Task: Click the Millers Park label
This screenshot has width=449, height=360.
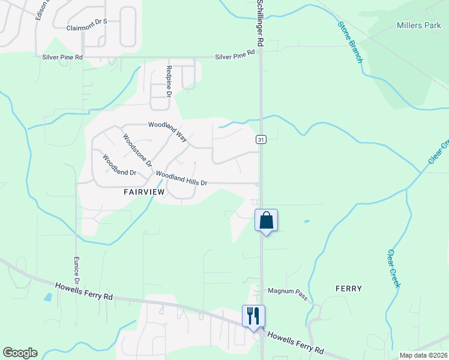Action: tap(419, 25)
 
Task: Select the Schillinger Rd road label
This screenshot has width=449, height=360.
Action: tap(260, 24)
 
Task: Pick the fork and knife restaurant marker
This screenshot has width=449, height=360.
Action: tap(253, 316)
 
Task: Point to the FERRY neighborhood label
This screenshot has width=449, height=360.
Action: tap(349, 289)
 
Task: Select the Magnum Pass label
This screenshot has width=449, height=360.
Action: tap(288, 292)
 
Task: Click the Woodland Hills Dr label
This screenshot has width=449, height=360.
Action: tap(181, 178)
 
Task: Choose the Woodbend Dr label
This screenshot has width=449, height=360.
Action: tap(119, 165)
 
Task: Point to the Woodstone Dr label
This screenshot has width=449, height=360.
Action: tap(137, 150)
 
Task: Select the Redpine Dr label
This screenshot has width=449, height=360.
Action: tap(169, 82)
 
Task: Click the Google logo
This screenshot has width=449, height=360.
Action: tap(20, 353)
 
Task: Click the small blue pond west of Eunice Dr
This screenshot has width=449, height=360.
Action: tap(47, 297)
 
